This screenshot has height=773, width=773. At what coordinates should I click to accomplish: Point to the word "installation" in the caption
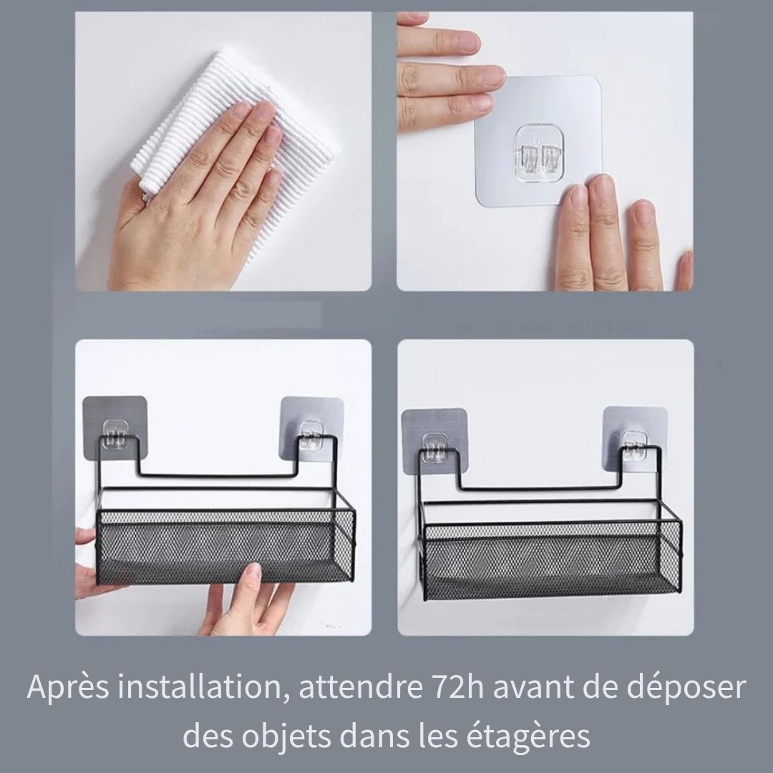point(203,687)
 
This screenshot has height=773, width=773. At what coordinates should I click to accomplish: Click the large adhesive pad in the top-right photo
point(539,142)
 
